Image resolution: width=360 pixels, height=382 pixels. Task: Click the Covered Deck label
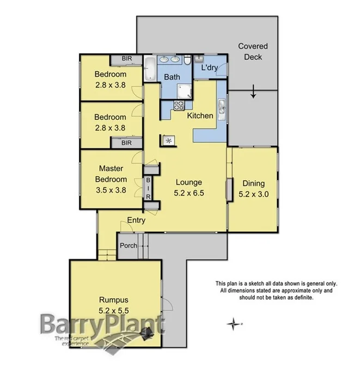click(253, 52)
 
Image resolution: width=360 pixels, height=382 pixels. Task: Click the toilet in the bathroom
click(186, 60)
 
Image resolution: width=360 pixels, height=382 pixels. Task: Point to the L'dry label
click(210, 69)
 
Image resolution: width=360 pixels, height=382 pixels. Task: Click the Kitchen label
click(200, 116)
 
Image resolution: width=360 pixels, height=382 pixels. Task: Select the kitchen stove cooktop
click(178, 105)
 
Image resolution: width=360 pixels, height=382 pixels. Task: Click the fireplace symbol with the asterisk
click(168, 140)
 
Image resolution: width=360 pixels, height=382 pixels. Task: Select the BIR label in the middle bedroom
click(126, 143)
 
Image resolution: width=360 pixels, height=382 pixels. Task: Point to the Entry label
click(136, 220)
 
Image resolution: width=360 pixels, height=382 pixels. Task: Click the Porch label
click(129, 245)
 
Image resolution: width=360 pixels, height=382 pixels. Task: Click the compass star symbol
click(234, 324)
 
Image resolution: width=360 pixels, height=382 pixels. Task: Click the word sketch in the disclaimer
click(254, 284)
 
